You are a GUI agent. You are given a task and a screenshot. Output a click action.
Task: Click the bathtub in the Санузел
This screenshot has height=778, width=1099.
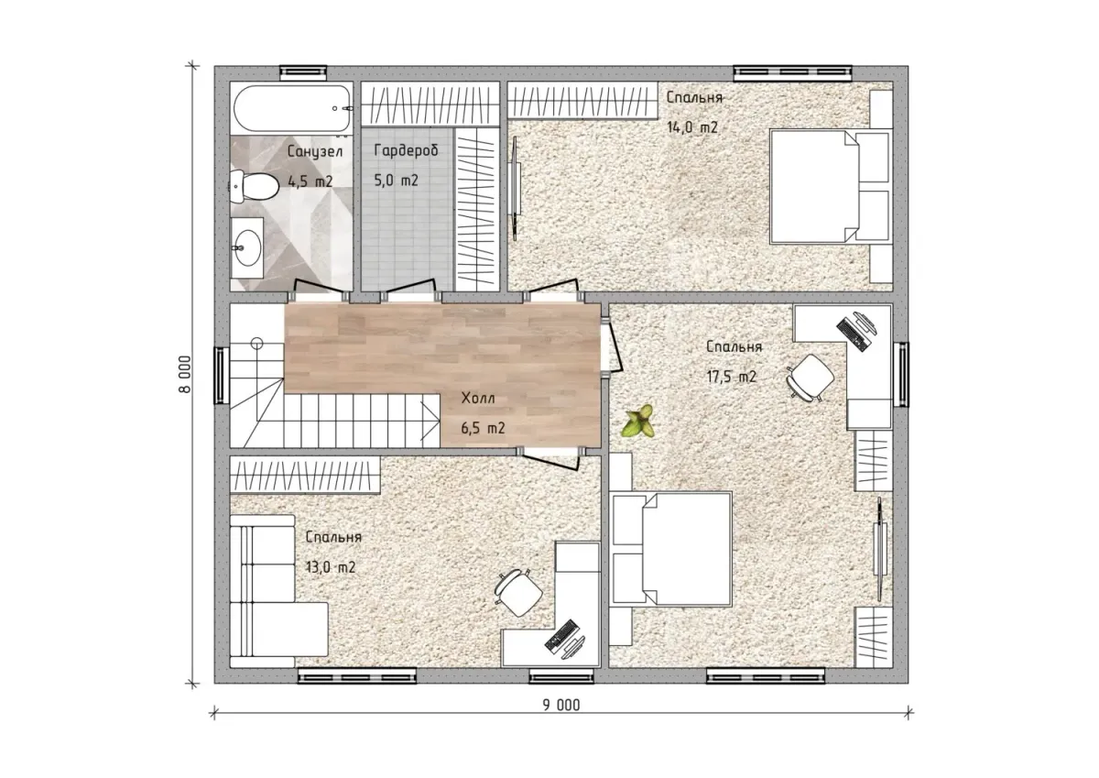point(292,108)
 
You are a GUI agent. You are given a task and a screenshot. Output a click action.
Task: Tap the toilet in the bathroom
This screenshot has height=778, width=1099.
point(255,187)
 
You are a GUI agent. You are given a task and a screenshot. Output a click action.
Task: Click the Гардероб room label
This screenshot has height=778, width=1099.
point(406,150)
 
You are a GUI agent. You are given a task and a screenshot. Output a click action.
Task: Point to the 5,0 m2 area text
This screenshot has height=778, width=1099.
point(396,181)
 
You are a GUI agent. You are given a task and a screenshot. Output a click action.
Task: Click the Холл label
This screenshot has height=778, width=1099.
point(478,398)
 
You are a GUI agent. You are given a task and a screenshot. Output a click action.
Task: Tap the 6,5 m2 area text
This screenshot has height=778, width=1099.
point(483,428)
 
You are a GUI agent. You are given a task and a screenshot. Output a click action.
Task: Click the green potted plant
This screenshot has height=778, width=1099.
point(637,421)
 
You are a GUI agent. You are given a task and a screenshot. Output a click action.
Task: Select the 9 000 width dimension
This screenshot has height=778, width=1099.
point(561,706)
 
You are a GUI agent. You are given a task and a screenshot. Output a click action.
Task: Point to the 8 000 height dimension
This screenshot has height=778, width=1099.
point(185,374)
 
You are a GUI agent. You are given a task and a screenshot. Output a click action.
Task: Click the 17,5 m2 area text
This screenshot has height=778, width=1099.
point(732,377)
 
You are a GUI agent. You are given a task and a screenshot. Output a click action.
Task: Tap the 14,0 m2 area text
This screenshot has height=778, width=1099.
point(692,127)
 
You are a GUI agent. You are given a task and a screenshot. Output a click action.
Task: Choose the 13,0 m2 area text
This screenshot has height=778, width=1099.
point(331,567)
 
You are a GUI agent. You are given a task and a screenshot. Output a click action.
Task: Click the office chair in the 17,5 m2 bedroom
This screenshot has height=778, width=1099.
point(810,377)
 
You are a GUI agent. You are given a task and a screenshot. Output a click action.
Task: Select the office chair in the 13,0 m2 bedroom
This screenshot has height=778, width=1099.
point(518,593)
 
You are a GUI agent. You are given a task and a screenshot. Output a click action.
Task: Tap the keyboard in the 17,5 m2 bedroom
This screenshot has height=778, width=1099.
point(852,334)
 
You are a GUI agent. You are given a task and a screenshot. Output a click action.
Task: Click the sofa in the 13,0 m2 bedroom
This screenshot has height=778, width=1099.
point(278,591)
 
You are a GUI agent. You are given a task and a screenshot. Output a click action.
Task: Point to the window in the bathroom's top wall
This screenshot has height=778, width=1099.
point(303,72)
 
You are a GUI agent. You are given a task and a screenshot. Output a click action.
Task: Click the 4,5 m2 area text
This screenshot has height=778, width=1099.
point(310,181)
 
